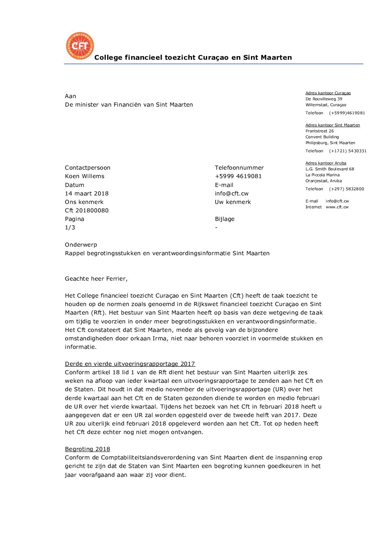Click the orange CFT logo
(x=80, y=46)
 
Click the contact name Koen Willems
(x=84, y=176)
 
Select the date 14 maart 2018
(x=87, y=194)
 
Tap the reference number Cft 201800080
(x=87, y=211)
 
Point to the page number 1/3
(x=70, y=228)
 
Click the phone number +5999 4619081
(x=238, y=176)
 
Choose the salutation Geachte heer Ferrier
(x=96, y=279)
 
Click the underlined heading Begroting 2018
(x=87, y=449)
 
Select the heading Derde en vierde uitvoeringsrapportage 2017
(x=130, y=364)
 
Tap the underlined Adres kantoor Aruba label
(x=326, y=163)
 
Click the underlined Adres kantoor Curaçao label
(x=328, y=93)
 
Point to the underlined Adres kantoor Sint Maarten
(x=332, y=125)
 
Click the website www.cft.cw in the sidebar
(x=337, y=207)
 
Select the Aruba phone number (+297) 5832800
(x=347, y=189)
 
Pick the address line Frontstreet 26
(x=320, y=131)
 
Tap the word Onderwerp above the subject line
(x=81, y=245)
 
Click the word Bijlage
(x=224, y=219)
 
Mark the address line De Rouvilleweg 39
(x=324, y=99)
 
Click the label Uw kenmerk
(x=233, y=202)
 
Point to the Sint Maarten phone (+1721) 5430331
(x=348, y=151)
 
